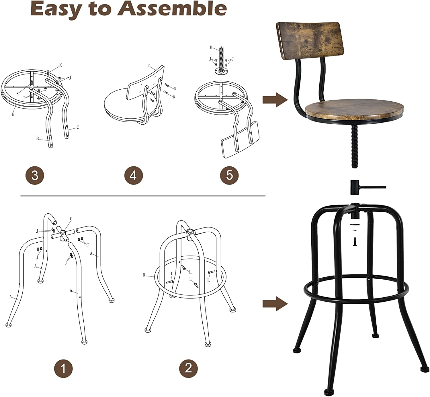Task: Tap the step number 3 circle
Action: [x=35, y=175]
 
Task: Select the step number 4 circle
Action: [x=134, y=175]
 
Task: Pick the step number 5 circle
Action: [x=229, y=175]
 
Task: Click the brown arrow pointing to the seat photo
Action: [x=275, y=100]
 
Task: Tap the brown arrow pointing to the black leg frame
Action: [x=275, y=304]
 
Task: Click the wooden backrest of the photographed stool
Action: [x=310, y=40]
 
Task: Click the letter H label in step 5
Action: [x=211, y=47]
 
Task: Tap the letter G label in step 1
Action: [x=71, y=219]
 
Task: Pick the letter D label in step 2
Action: [x=144, y=275]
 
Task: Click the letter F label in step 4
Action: [x=148, y=65]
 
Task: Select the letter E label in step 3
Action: [x=13, y=115]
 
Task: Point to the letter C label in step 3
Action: [x=78, y=127]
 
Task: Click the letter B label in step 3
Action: [x=38, y=138]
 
